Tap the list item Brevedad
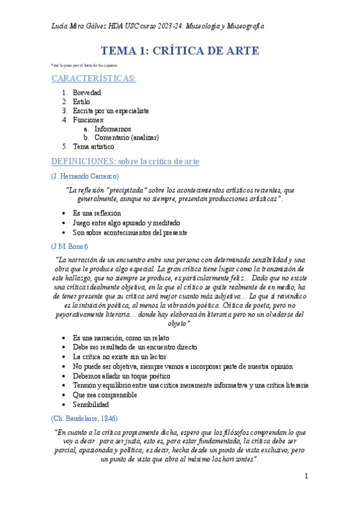pyautogui.click(x=87, y=93)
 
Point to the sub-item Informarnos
pyautogui.click(x=112, y=129)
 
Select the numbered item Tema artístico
pyautogui.click(x=93, y=146)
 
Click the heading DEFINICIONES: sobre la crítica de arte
pyautogui.click(x=125, y=161)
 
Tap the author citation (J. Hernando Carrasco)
pyautogui.click(x=85, y=176)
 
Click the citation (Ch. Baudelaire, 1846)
pyautogui.click(x=84, y=418)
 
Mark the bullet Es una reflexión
pyautogui.click(x=97, y=213)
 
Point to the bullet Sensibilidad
pyautogui.click(x=91, y=405)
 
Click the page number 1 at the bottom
pyautogui.click(x=306, y=476)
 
